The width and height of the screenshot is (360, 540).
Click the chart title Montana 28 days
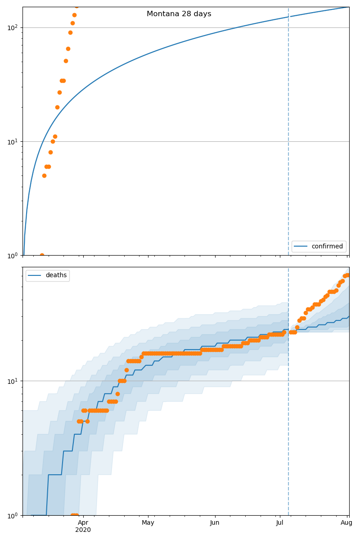pyautogui.click(x=179, y=14)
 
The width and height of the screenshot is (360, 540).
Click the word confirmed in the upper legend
pyautogui.click(x=327, y=246)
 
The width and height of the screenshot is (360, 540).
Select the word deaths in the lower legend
pyautogui.click(x=56, y=275)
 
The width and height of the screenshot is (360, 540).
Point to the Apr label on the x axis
pyautogui.click(x=83, y=522)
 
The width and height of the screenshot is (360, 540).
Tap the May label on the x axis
pyautogui.click(x=148, y=522)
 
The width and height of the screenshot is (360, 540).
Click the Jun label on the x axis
pyautogui.click(x=215, y=522)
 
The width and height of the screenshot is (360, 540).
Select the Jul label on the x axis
pyautogui.click(x=279, y=522)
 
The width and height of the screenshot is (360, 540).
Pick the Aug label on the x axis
pyautogui.click(x=346, y=522)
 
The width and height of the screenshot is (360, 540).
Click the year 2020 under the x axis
pyautogui.click(x=83, y=530)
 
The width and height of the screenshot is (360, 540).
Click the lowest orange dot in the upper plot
pyautogui.click(x=42, y=255)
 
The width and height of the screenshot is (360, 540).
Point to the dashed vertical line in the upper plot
pyautogui.click(x=288, y=135)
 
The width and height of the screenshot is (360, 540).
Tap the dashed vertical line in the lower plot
pyautogui.click(x=288, y=427)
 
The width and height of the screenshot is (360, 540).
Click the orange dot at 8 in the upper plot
pyautogui.click(x=50, y=152)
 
